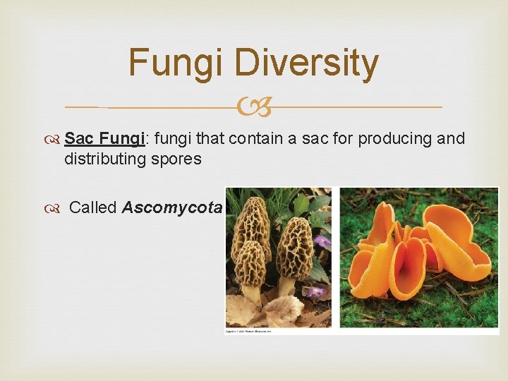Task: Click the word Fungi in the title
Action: click(x=176, y=63)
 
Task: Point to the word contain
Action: click(x=253, y=138)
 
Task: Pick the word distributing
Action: click(x=104, y=159)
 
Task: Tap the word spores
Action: click(x=177, y=159)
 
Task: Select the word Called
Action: click(x=93, y=207)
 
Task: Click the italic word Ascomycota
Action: click(x=172, y=207)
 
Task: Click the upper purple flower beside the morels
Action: click(x=322, y=242)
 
